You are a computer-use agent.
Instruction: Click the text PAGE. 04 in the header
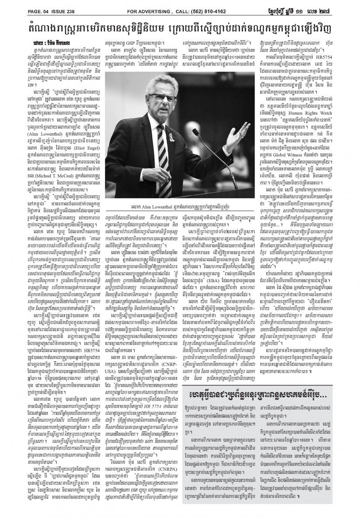[x=16, y=5]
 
